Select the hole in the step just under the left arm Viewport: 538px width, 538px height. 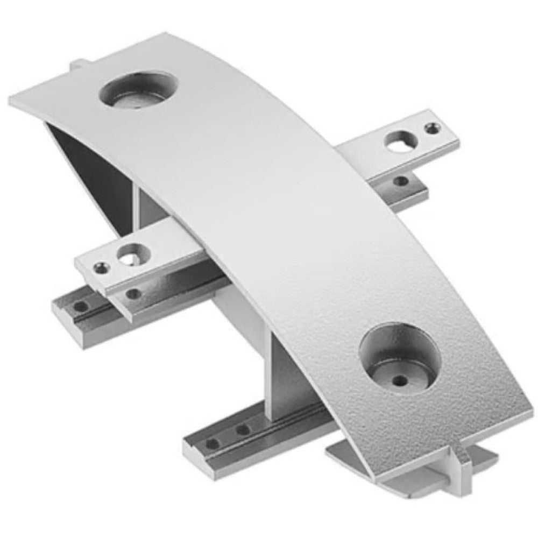click(132, 294)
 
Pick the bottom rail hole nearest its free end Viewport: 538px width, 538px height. click(213, 443)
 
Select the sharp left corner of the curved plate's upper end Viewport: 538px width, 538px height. click(11, 100)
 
